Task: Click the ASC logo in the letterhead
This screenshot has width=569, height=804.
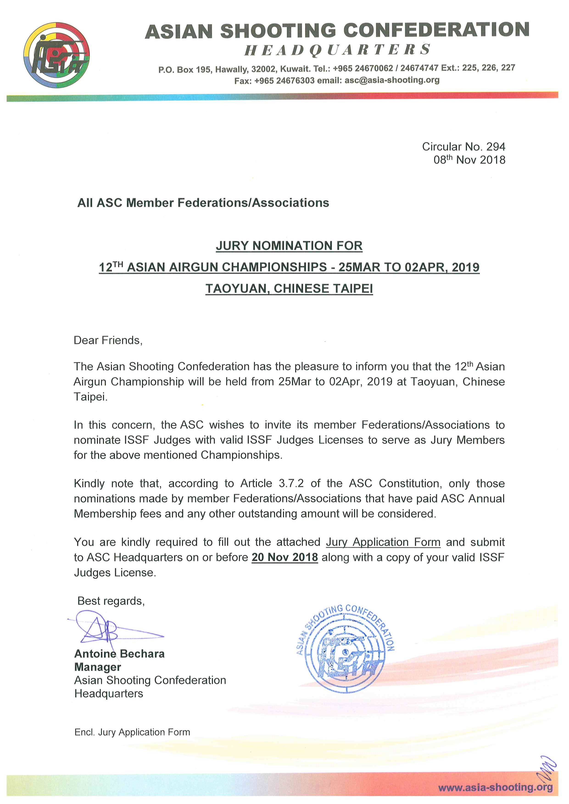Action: click(x=57, y=55)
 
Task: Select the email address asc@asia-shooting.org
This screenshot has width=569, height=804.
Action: click(x=392, y=80)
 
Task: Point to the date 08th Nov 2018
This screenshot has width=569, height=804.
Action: click(x=469, y=160)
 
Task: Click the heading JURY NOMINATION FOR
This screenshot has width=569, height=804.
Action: click(x=289, y=246)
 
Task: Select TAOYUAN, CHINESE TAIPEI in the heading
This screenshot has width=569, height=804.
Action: click(x=289, y=289)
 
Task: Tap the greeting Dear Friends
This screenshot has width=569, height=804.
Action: click(x=108, y=340)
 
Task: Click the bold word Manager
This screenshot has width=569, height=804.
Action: click(x=98, y=667)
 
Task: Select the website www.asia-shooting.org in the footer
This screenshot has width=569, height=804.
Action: click(x=495, y=787)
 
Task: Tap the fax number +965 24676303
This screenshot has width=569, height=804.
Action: click(x=284, y=80)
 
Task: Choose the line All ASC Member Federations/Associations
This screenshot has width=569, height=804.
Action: click(x=203, y=203)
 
